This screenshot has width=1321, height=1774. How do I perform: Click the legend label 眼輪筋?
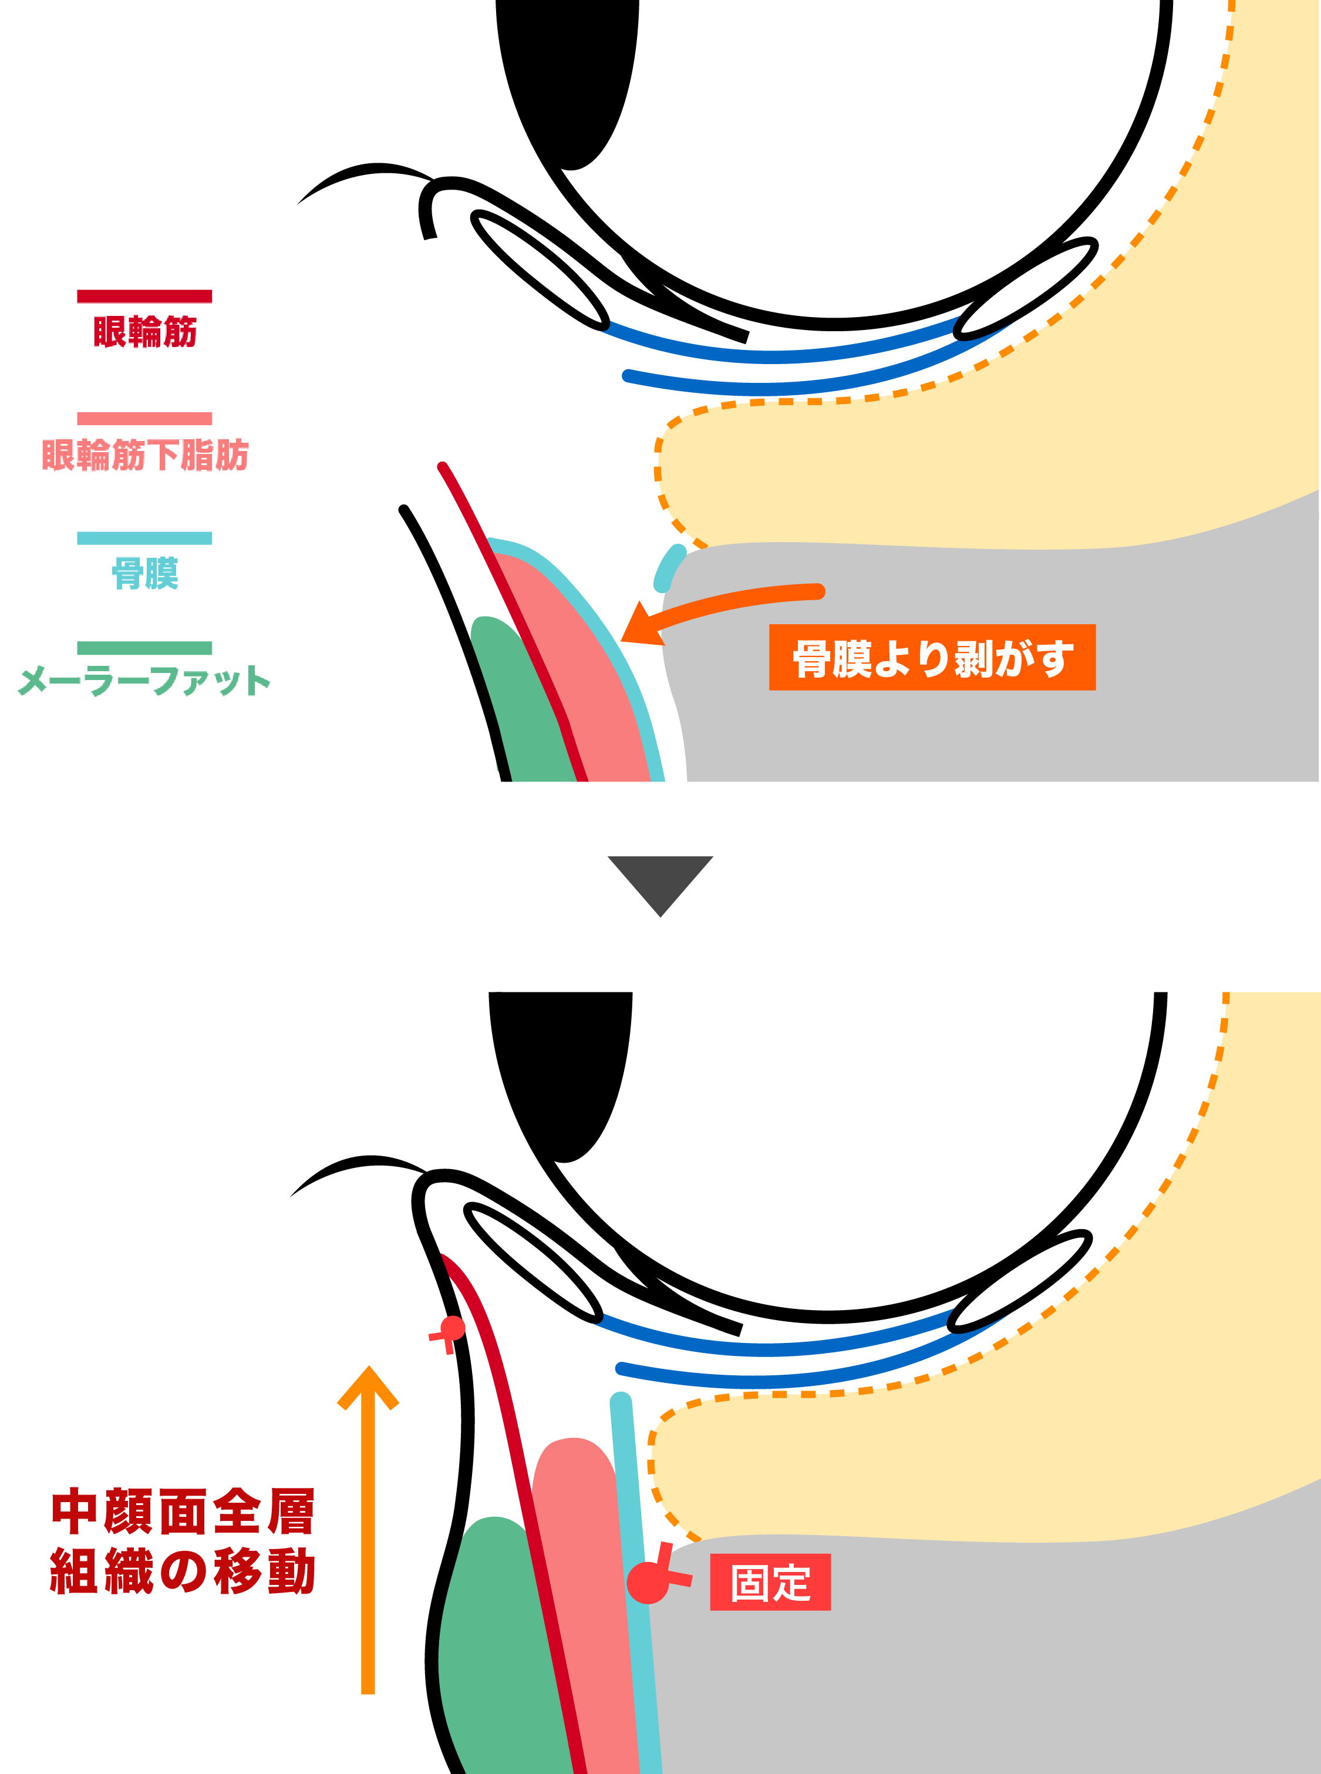(145, 331)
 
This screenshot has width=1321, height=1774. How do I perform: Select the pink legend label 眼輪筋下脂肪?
(145, 455)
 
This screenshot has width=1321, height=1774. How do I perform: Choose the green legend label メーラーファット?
(145, 681)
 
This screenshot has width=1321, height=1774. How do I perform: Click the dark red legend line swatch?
(145, 297)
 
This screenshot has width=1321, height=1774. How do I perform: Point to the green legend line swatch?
(145, 648)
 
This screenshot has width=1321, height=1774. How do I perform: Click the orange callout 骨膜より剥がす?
(932, 658)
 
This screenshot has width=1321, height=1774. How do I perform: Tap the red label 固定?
(771, 1582)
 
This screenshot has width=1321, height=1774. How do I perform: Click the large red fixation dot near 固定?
(648, 1583)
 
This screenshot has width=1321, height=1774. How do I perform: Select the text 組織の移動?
(183, 1571)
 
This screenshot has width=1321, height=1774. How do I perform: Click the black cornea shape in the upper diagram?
(568, 80)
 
